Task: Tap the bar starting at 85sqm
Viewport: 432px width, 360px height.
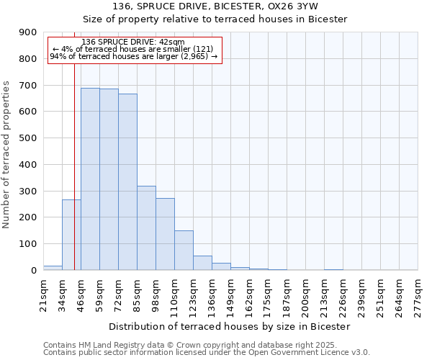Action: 146,228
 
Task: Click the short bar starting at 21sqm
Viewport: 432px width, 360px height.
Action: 53,268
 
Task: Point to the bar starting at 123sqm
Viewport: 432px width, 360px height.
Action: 202,263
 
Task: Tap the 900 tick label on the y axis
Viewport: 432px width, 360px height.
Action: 28,32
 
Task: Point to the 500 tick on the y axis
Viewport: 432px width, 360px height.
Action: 28,138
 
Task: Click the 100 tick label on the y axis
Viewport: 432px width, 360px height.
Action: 28,244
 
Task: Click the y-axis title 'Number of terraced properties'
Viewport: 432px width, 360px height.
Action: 6,155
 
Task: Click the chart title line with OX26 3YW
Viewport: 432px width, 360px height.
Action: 215,6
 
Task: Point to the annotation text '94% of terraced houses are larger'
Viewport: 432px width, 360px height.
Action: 134,56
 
